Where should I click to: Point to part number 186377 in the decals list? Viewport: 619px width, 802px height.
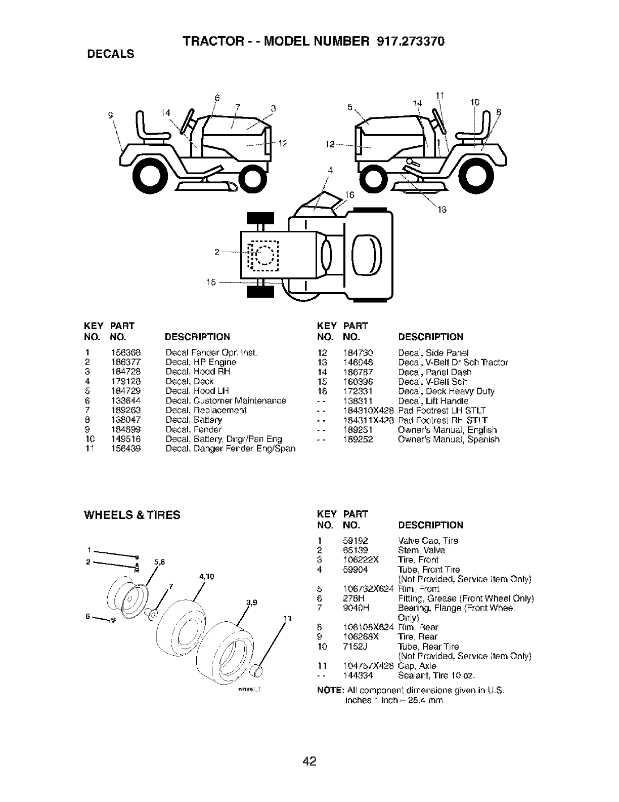125,362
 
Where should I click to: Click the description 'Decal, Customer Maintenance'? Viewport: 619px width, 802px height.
226,400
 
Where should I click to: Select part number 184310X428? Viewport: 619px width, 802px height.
368,410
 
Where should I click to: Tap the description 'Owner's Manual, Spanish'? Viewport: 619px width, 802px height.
449,439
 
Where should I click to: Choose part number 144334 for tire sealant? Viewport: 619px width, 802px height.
358,675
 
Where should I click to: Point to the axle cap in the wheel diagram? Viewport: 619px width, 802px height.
257,671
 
